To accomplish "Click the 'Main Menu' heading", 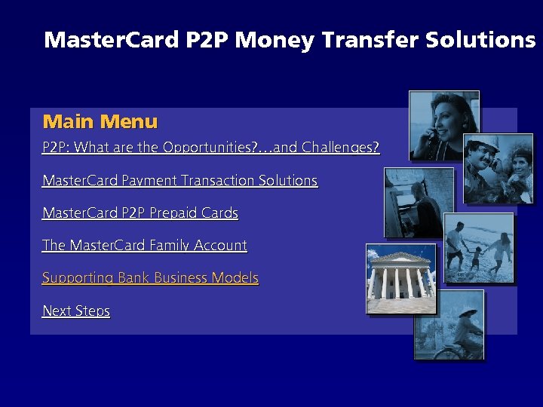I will (100, 121).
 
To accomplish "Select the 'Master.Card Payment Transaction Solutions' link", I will (179, 181).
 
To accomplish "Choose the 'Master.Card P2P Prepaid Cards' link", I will (140, 213).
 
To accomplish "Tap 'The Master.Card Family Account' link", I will (145, 246).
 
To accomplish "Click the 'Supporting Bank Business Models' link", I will (150, 278).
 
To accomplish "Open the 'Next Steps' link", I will (76, 311).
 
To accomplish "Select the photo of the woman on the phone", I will (443, 125).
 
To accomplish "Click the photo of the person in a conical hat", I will (449, 324).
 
